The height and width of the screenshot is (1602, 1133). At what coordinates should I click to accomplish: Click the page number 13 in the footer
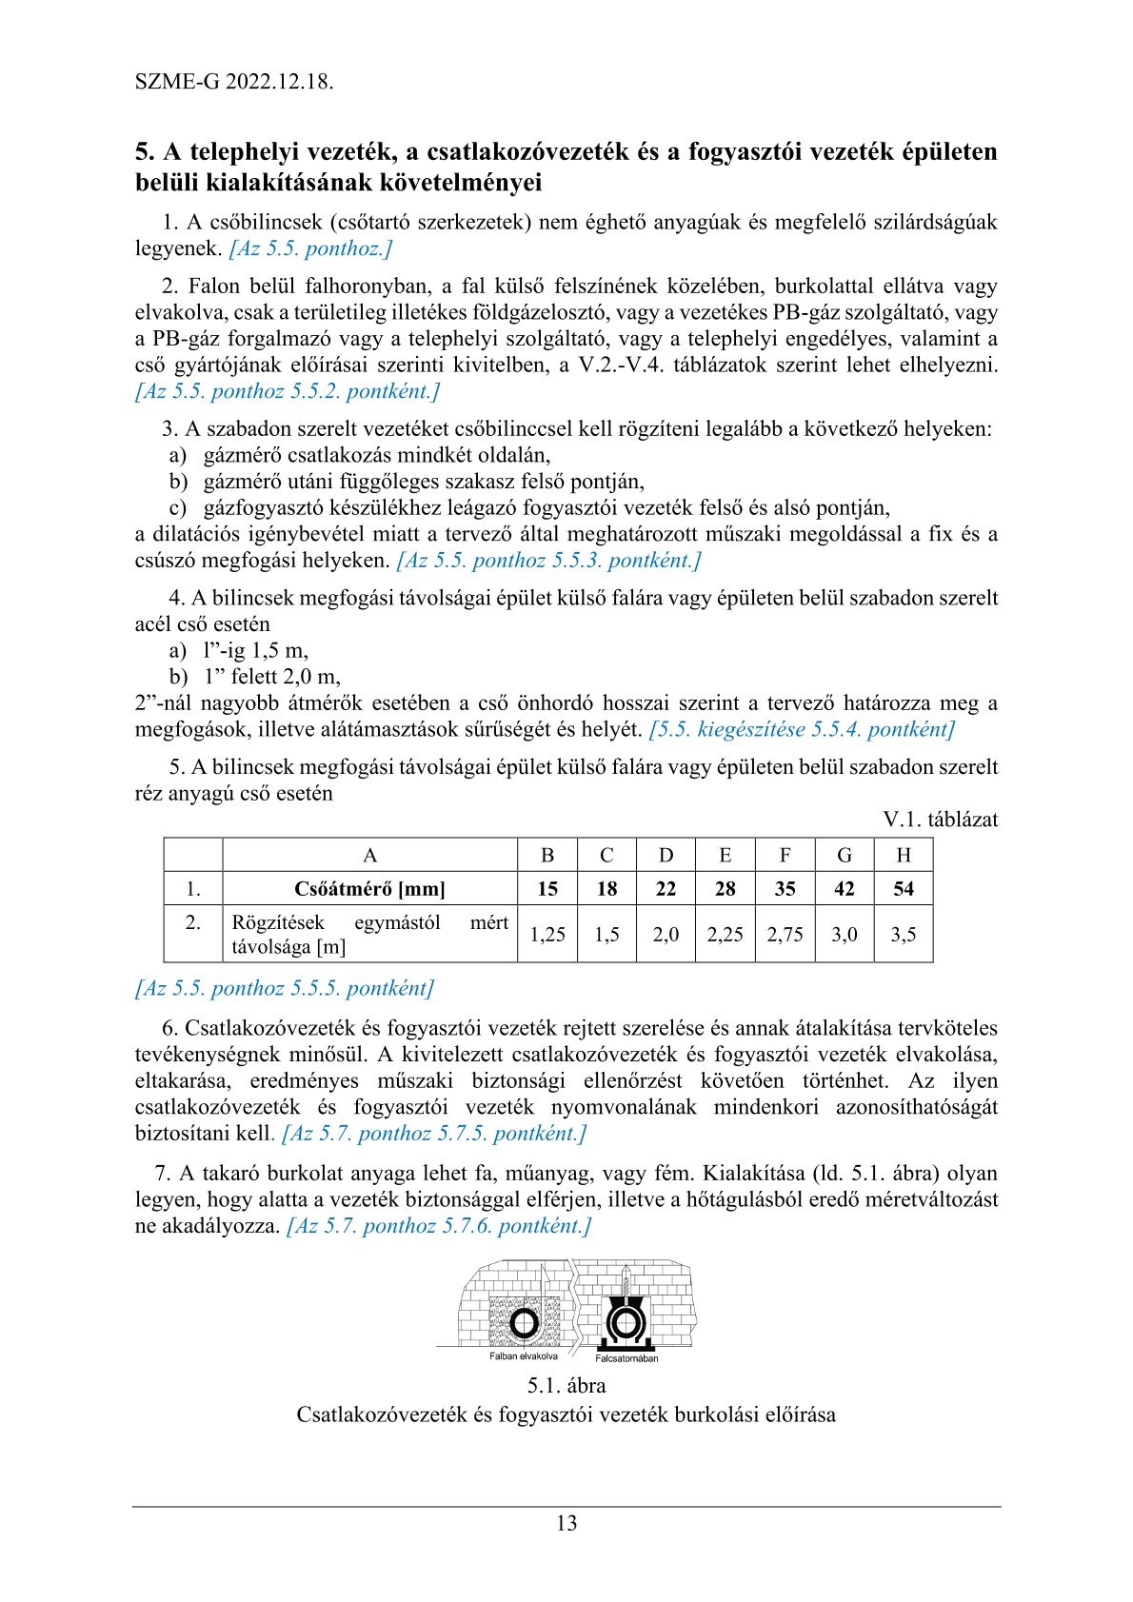click(566, 1523)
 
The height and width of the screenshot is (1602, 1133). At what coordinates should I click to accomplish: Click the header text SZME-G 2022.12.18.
click(234, 81)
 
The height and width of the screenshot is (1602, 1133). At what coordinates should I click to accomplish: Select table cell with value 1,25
click(547, 935)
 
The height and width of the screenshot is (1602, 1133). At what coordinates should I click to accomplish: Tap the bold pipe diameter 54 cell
click(904, 889)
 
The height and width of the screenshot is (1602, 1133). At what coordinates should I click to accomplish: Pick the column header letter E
click(726, 855)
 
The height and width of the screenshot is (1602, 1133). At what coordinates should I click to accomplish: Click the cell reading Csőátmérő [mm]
click(369, 889)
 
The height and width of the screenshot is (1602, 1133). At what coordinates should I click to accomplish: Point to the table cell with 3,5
click(904, 935)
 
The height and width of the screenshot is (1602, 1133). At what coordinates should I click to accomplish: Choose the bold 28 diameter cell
click(726, 889)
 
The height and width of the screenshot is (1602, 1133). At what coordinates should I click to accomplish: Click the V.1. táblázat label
click(940, 820)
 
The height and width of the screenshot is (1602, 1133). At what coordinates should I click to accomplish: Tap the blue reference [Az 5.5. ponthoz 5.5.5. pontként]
click(285, 988)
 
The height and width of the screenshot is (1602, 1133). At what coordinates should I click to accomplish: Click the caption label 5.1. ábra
click(566, 1386)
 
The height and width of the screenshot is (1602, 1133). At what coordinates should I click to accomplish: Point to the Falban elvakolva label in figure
click(524, 1356)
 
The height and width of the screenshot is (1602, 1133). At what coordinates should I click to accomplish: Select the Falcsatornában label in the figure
click(626, 1358)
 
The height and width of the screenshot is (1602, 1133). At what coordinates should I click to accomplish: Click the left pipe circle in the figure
click(523, 1323)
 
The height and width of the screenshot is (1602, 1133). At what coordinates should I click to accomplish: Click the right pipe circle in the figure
click(624, 1323)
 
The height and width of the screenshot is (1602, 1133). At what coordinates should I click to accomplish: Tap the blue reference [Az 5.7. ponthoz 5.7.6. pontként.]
click(439, 1226)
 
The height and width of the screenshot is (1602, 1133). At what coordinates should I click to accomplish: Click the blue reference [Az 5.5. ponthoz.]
click(310, 248)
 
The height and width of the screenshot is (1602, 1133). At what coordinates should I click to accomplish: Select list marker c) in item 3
click(178, 508)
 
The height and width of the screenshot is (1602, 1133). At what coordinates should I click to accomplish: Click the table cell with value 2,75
click(785, 935)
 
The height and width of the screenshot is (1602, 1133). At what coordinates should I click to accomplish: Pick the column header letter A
click(369, 855)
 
